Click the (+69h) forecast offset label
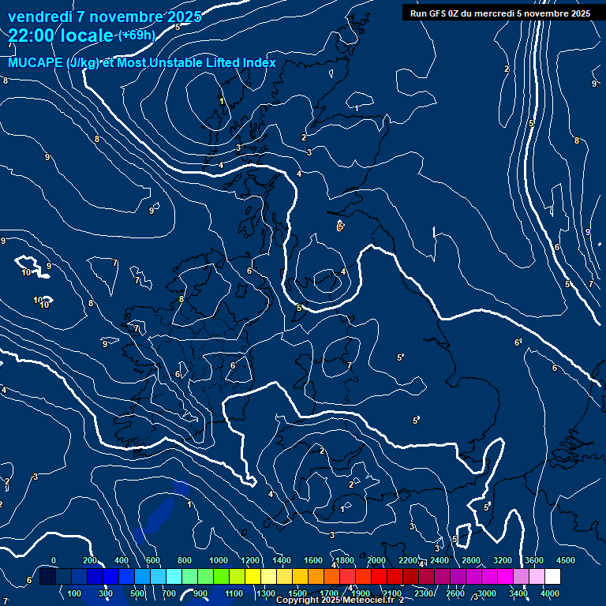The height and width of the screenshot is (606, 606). (x=137, y=35)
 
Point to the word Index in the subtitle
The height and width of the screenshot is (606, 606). (x=259, y=63)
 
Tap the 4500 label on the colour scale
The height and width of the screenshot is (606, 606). (x=566, y=560)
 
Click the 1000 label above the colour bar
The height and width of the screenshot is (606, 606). (x=219, y=560)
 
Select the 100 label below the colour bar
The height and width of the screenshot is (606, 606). (x=75, y=593)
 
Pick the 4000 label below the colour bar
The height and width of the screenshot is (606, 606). (x=550, y=593)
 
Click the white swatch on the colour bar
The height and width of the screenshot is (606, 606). (x=552, y=578)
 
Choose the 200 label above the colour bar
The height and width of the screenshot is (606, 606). (x=89, y=560)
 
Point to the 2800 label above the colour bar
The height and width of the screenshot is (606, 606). (x=471, y=560)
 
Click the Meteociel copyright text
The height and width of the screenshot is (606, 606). (x=339, y=600)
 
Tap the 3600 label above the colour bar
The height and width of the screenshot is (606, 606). (x=534, y=560)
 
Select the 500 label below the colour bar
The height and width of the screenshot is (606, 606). (x=138, y=593)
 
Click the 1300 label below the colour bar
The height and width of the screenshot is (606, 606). (x=266, y=593)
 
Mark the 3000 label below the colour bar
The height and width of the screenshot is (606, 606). (x=487, y=593)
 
